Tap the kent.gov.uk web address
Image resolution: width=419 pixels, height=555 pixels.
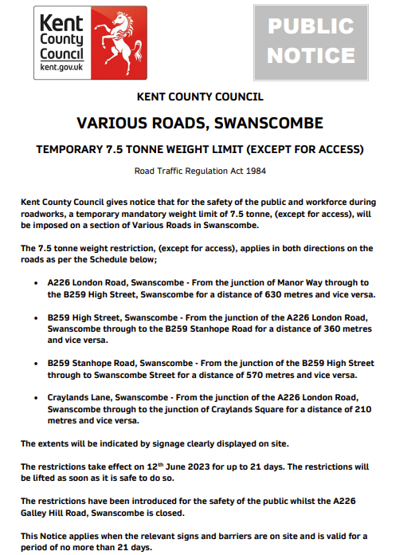[x=61, y=69]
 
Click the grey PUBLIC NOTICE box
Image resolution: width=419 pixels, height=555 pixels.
[x=311, y=41]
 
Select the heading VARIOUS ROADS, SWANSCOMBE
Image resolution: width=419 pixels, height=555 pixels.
[x=200, y=124]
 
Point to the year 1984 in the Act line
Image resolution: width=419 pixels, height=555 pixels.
[x=253, y=171]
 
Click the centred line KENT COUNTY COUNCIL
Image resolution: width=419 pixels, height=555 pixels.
[x=200, y=97]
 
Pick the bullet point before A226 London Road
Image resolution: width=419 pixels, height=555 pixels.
[x=37, y=283]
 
